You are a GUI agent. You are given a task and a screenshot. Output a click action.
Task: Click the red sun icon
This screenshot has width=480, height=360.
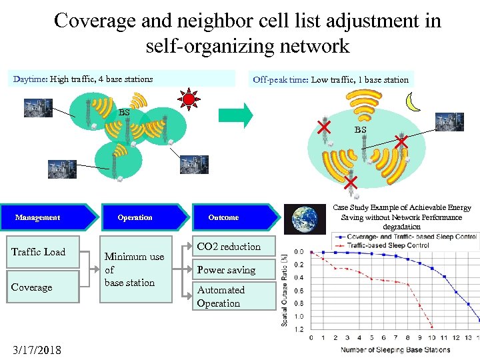(189, 101)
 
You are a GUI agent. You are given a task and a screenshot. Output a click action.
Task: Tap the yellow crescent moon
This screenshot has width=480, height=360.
(415, 101)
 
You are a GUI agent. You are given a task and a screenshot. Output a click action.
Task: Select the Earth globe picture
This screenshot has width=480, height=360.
(305, 218)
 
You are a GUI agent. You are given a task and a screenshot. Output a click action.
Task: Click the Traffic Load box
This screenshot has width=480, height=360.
(43, 252)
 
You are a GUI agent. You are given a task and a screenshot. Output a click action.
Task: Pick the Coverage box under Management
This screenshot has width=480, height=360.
(43, 287)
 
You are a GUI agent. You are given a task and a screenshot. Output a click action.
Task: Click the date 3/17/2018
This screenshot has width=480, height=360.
(37, 349)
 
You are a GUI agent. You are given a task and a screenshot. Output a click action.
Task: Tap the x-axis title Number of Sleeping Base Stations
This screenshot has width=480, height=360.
(395, 349)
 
